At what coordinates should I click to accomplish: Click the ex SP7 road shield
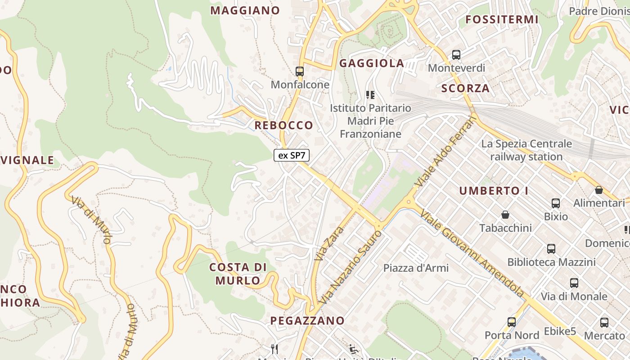pyautogui.click(x=292, y=156)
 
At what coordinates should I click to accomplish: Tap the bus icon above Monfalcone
pyautogui.click(x=300, y=71)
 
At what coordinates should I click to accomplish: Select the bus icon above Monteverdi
pyautogui.click(x=456, y=55)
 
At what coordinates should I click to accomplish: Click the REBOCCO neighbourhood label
pyautogui.click(x=284, y=125)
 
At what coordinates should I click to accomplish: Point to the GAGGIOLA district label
pyautogui.click(x=372, y=63)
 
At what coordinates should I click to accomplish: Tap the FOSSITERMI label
pyautogui.click(x=502, y=19)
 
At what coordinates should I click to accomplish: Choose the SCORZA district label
pyautogui.click(x=465, y=88)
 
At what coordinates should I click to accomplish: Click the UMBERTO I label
pyautogui.click(x=494, y=191)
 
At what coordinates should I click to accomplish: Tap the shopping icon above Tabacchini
pyautogui.click(x=505, y=215)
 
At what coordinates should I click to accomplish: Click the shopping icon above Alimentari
pyautogui.click(x=598, y=190)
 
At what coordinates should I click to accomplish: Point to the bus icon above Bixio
pyautogui.click(x=556, y=203)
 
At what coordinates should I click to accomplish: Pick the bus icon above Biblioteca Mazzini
pyautogui.click(x=551, y=249)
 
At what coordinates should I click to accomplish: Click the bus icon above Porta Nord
pyautogui.click(x=512, y=322)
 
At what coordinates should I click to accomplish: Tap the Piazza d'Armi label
pyautogui.click(x=416, y=268)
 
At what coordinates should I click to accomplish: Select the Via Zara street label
pyautogui.click(x=329, y=244)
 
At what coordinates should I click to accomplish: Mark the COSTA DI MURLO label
pyautogui.click(x=238, y=274)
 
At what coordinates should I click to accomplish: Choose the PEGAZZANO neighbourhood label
pyautogui.click(x=307, y=321)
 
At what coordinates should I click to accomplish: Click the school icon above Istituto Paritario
pyautogui.click(x=370, y=95)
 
